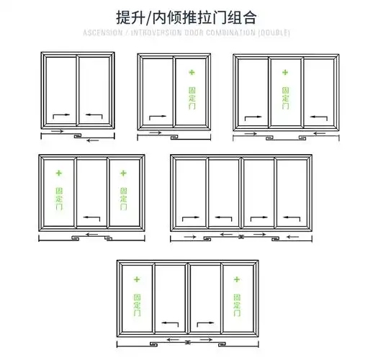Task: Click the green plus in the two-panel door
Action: pos(192,72)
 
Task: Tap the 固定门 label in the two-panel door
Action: pos(192,98)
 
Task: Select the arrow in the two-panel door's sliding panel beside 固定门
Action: pos(158,116)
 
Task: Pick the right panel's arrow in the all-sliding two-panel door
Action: pos(94,114)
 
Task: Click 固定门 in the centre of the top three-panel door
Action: pos(285,98)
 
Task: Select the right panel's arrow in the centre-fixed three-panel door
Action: pos(317,116)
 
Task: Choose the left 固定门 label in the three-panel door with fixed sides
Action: pos(59,197)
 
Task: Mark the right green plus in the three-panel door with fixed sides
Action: pos(123,173)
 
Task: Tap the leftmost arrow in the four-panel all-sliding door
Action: pos(190,217)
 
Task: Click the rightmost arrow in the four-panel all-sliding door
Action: pos(291,217)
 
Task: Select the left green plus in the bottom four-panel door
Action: pos(138,277)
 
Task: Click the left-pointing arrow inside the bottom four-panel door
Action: pos(170,323)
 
